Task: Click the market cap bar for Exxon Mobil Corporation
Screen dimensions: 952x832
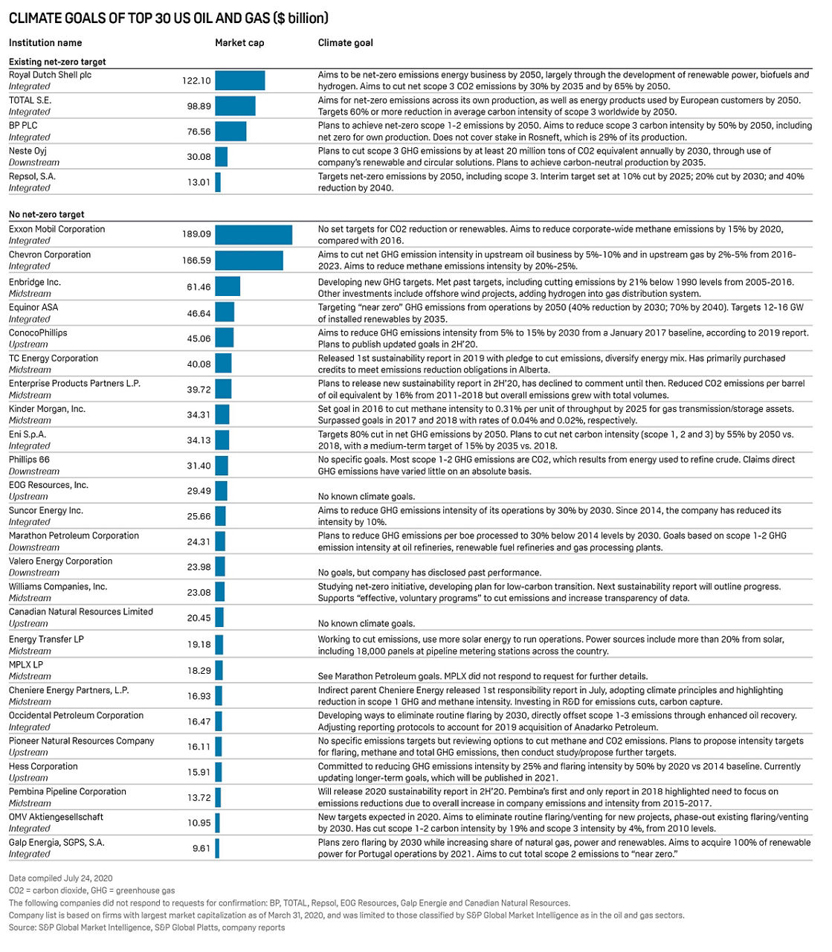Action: [253, 234]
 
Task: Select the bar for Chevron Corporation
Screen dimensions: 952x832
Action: [248, 260]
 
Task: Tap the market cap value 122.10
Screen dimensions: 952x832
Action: [196, 80]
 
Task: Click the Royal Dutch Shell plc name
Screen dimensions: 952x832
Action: [50, 75]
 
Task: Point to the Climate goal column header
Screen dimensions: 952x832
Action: [345, 42]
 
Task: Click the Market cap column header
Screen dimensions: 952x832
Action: [239, 42]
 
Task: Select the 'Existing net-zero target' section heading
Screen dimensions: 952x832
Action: [57, 62]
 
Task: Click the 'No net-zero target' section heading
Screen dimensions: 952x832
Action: [46, 214]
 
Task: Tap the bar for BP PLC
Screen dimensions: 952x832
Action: [230, 132]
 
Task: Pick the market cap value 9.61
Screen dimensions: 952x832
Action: [201, 848]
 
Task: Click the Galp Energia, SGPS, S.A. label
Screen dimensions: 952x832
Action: [57, 842]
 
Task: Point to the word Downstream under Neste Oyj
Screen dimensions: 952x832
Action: [33, 162]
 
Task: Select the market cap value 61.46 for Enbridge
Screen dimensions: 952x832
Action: [199, 287]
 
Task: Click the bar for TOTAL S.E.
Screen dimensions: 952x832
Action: [235, 106]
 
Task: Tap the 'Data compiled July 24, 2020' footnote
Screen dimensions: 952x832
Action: [60, 878]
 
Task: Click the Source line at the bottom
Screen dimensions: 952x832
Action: [146, 927]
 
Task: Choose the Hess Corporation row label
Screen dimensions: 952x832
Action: [43, 766]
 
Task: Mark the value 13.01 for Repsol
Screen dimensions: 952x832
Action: [199, 182]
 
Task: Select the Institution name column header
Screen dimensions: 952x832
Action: [45, 42]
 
